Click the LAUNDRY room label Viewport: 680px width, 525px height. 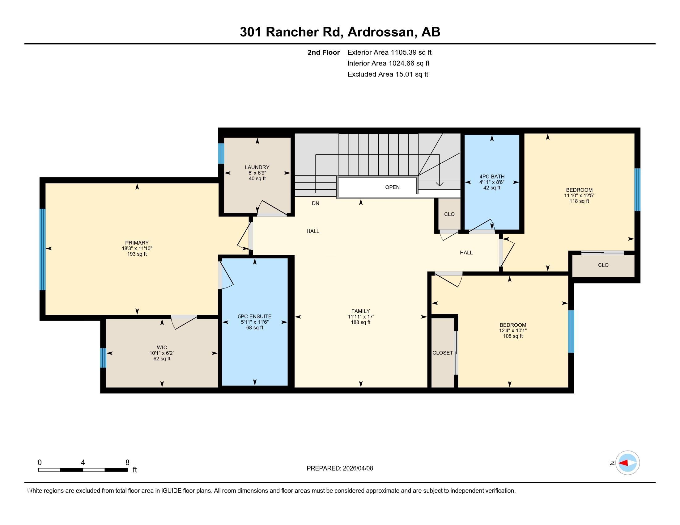257,167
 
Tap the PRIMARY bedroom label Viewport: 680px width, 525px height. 137,243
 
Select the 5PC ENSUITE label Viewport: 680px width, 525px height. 255,317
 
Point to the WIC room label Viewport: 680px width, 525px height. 162,347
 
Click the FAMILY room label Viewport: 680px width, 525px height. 360,311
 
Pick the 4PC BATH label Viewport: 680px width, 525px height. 492,176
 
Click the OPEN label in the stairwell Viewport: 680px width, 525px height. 392,187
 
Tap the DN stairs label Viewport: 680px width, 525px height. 315,204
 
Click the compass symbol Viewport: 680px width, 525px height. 627,463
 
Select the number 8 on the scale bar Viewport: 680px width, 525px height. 127,463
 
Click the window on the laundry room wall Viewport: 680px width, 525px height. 221,153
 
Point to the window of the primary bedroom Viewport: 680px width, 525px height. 42,250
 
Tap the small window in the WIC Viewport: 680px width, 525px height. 103,358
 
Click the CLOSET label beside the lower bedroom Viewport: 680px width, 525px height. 442,353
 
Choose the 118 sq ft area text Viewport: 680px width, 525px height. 579,201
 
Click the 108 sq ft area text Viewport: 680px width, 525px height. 513,336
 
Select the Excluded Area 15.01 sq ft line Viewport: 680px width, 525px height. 388,74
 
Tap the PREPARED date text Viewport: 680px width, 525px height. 340,468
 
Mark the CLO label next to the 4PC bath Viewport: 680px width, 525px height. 449,214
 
